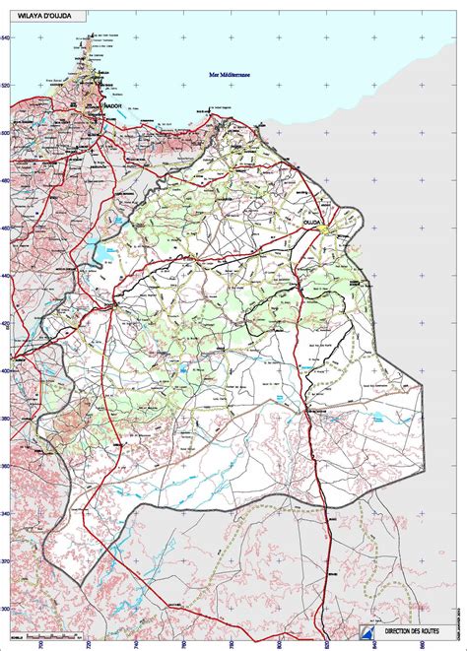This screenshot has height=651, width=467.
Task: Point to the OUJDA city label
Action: [x=312, y=225]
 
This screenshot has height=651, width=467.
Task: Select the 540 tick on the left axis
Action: [x=6, y=37]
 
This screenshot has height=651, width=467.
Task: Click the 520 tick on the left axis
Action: [x=6, y=86]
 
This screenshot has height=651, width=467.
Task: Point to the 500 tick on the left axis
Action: [x=6, y=133]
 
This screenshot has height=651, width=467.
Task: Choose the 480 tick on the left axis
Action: [x=6, y=181]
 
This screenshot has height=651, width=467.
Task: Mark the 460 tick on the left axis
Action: [x=6, y=228]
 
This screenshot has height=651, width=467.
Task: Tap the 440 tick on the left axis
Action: [x=6, y=276]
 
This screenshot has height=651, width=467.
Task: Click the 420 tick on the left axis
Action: [x=6, y=324]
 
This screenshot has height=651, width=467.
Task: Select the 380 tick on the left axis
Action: [x=6, y=419]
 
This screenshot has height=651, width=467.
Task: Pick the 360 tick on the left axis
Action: [x=6, y=467]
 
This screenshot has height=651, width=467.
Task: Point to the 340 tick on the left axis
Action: [x=6, y=514]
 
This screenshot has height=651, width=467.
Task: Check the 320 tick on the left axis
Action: [x=6, y=561]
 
